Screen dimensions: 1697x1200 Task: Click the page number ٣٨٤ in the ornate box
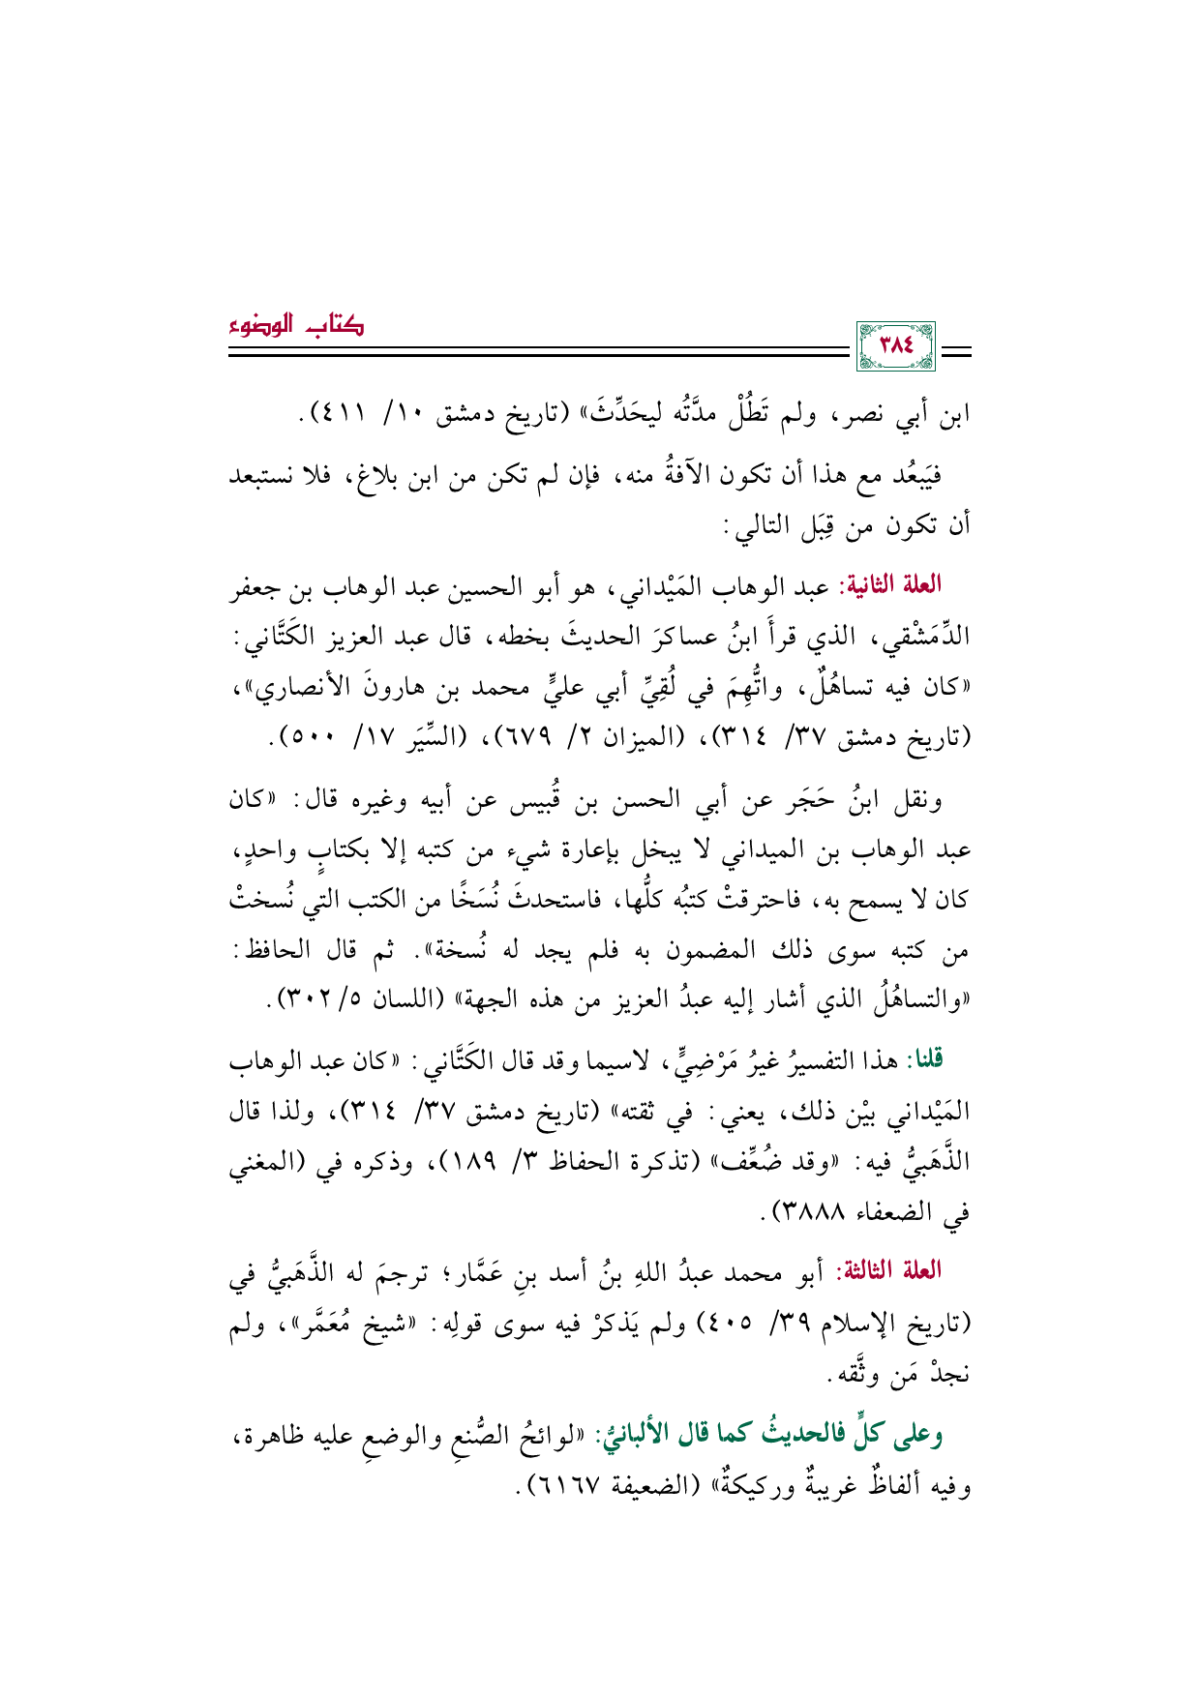(x=895, y=345)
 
